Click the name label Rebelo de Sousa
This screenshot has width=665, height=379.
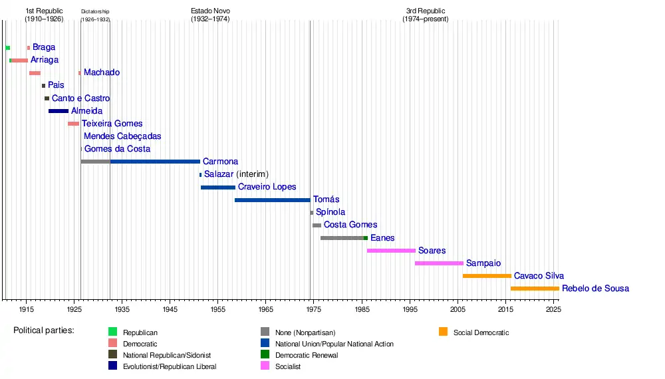point(595,289)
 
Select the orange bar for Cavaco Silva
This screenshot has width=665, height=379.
point(487,276)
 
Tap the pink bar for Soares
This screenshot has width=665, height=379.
point(391,251)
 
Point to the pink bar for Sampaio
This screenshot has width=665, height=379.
point(439,263)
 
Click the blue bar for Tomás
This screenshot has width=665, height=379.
point(273,199)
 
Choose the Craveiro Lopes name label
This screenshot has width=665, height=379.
point(267,187)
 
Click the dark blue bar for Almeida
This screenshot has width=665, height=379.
point(59,111)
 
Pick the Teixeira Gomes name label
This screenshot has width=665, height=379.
point(112,124)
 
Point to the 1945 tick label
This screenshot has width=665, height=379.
point(170,310)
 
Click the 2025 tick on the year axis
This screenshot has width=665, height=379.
point(554,310)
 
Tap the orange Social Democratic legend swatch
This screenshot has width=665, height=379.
point(444,332)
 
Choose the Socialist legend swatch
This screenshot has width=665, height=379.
point(265,366)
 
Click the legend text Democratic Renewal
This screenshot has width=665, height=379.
point(307,355)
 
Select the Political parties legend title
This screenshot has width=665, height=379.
point(44,330)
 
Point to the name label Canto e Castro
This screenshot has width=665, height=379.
point(80,98)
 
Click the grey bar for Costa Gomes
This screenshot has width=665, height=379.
point(317,225)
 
